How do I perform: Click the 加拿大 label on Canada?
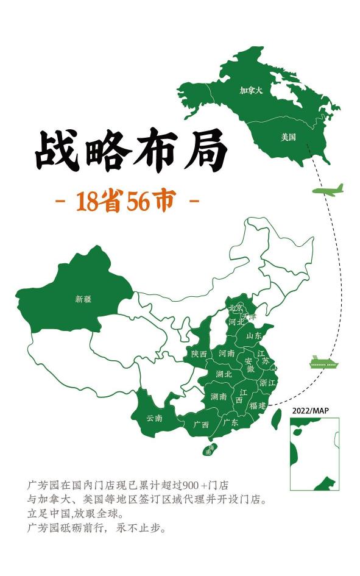tap(251, 90)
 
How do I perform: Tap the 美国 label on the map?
tap(288, 137)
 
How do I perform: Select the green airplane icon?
tap(328, 190)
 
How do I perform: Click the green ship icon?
tap(323, 363)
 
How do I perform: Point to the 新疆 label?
tap(83, 299)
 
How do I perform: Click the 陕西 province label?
tap(199, 354)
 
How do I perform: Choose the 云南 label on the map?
tap(155, 418)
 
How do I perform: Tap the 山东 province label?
tap(254, 335)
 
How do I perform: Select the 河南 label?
tap(227, 353)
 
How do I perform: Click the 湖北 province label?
tap(224, 374)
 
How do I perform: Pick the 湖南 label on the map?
tap(219, 396)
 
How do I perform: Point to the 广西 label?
tap(201, 424)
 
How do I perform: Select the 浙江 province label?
tap(267, 383)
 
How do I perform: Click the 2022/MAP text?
tap(310, 411)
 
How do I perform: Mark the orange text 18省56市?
tap(126, 201)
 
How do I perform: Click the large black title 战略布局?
tap(130, 150)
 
